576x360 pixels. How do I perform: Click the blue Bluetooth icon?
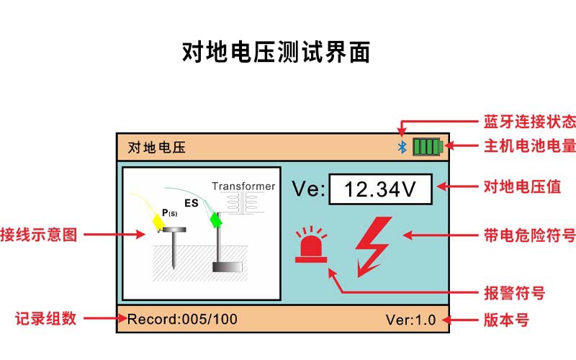402,148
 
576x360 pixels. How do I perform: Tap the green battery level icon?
428,147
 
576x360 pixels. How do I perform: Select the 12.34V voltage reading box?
380,189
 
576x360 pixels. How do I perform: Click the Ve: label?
308,189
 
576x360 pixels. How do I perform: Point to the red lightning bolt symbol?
373,246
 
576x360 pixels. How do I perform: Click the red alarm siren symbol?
311,245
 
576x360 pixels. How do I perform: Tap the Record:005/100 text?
182,319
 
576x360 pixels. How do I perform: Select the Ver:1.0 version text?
410,320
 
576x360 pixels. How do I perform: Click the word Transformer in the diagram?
243,186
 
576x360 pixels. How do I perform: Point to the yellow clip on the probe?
158,222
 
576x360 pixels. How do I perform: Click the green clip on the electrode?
215,220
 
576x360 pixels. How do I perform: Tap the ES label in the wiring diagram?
192,203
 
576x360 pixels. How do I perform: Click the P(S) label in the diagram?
170,213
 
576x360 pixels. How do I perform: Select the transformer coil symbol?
242,204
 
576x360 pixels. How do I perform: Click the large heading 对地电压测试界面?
276,52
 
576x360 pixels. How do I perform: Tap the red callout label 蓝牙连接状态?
530,122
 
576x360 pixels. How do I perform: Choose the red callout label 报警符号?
514,293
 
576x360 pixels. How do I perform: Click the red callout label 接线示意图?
39,235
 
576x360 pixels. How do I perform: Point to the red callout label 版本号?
506,320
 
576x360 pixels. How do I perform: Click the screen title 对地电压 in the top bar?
157,148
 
